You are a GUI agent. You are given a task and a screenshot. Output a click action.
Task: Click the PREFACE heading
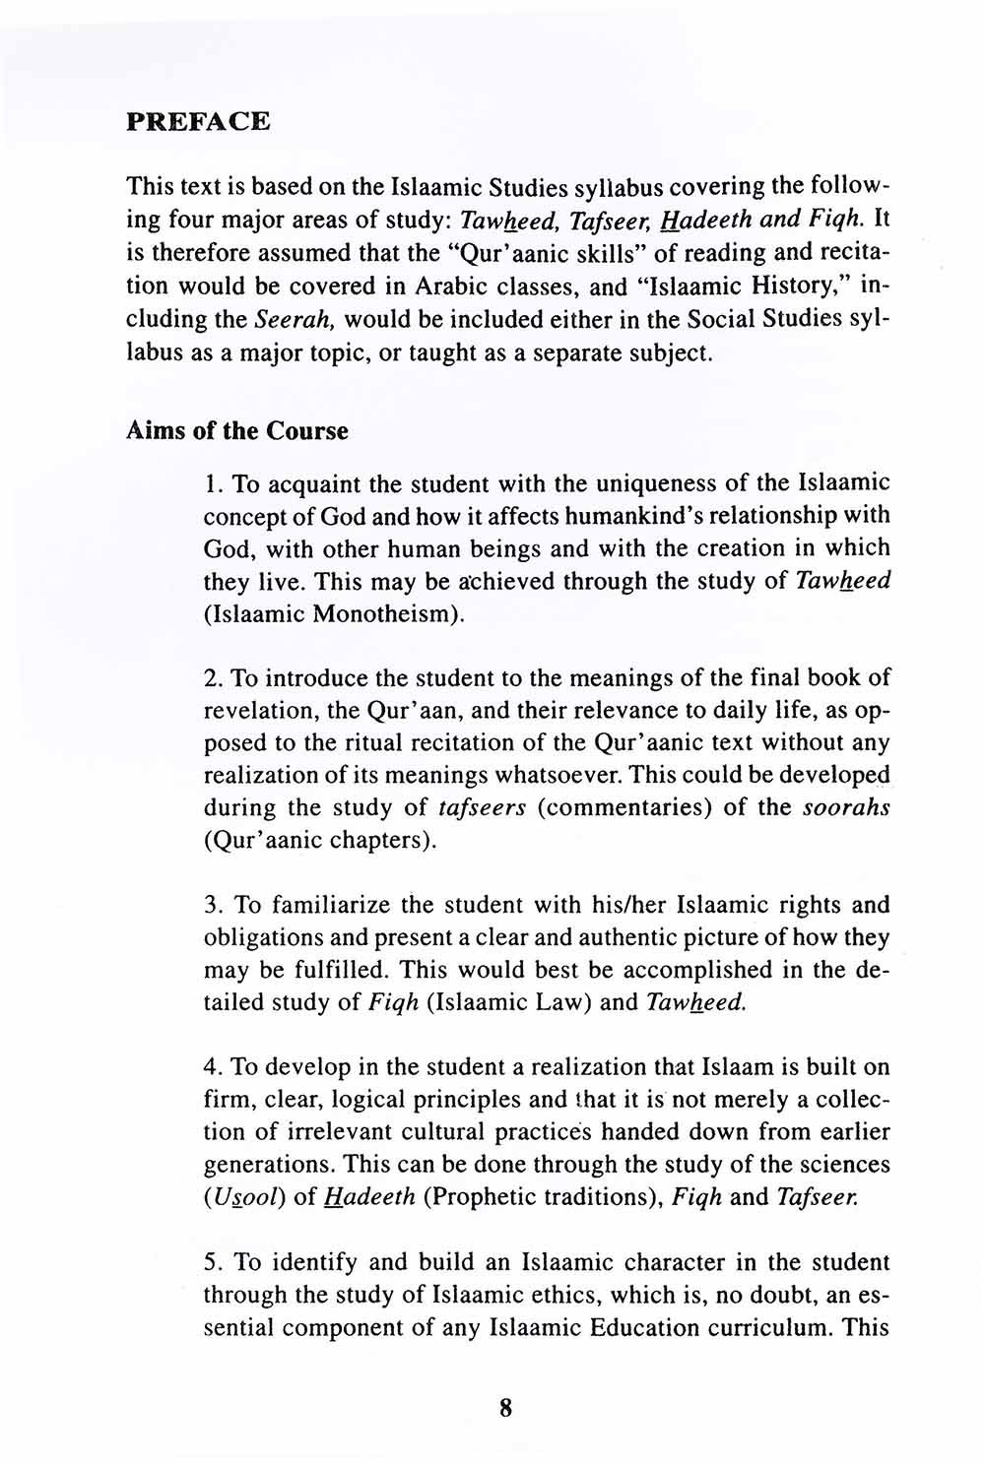198,122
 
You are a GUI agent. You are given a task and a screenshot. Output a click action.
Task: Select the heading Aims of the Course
237,431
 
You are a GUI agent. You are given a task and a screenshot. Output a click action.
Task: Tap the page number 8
506,1408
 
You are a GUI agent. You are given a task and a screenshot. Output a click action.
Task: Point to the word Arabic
576,287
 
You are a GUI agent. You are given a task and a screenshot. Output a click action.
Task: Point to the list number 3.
211,906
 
